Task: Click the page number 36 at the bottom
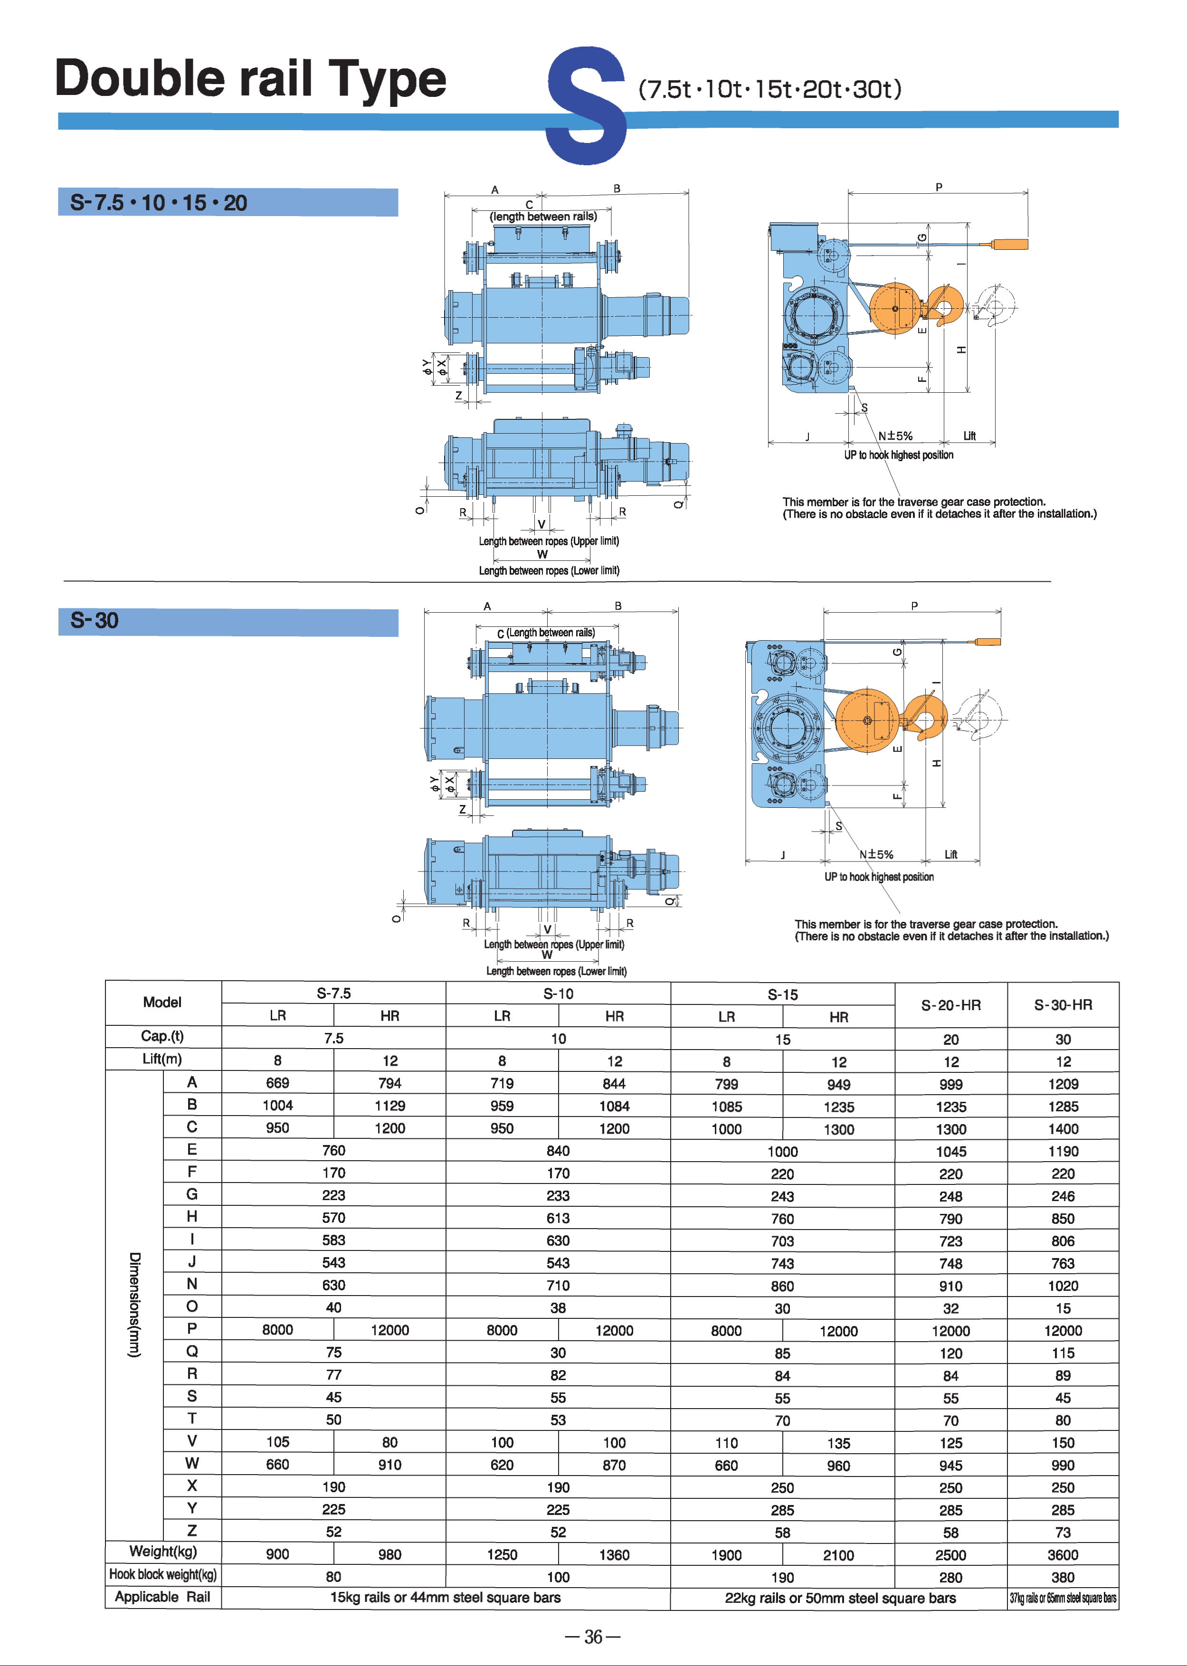pos(593,1637)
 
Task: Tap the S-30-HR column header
pos(1063,1005)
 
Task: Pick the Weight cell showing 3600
pos(1063,1554)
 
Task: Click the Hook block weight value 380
pos(1063,1577)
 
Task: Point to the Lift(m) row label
pos(162,1059)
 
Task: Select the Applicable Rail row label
pos(162,1597)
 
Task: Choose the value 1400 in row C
pos(1063,1129)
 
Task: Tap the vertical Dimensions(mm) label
pos(134,1304)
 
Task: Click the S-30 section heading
pos(95,621)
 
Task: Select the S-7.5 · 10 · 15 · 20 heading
pos(159,202)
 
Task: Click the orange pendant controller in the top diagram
pos(1010,244)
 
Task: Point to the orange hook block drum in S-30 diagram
pos(868,720)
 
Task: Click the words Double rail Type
pos(251,79)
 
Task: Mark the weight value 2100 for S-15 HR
pos(838,1555)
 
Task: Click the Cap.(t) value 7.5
pos(333,1038)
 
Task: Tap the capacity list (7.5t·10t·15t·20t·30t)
pos(769,89)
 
